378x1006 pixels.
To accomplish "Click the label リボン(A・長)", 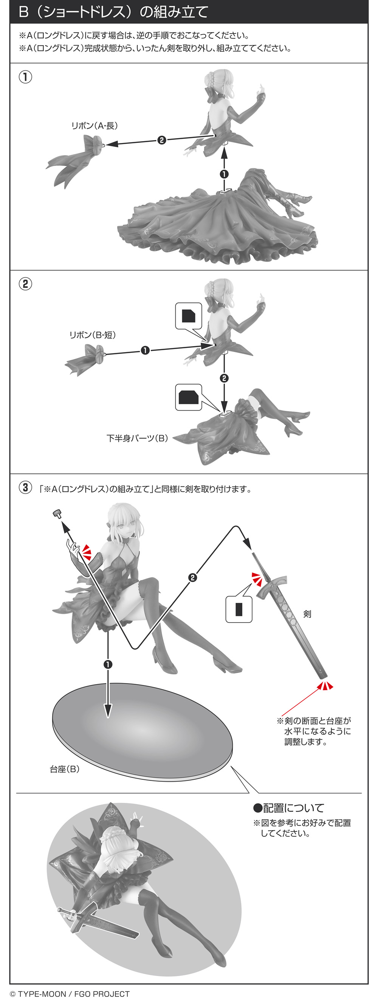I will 94,126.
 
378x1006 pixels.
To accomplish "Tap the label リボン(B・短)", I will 93,335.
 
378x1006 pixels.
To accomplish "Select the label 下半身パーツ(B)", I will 137,438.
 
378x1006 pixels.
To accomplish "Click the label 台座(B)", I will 65,769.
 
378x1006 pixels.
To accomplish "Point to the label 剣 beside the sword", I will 307,614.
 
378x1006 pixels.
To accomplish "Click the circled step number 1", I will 25,77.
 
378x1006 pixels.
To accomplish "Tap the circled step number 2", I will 25,284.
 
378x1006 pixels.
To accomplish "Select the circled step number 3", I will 25,487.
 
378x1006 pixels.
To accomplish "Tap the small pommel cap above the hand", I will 58,514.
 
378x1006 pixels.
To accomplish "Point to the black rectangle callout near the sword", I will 239,609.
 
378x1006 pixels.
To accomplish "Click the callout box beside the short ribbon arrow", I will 189,315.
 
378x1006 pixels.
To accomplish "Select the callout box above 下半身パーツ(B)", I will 189,397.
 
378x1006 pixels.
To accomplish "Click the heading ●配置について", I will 288,808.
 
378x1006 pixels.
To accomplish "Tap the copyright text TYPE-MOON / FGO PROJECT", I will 70,994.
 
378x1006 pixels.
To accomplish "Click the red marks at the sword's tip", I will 325,686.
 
